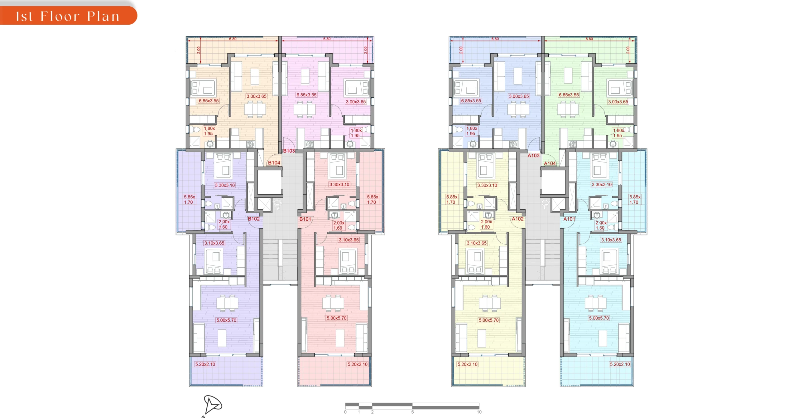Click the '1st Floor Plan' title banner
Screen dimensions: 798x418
tap(68, 16)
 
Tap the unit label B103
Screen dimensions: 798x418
tap(289, 151)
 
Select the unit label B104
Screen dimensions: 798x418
tap(274, 163)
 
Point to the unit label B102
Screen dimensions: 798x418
tap(254, 219)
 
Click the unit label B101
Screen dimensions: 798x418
tap(305, 219)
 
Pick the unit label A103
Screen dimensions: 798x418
tap(533, 156)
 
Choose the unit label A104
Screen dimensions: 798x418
tap(550, 163)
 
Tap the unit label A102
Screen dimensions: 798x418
tap(518, 219)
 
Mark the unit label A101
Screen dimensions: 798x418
tap(569, 219)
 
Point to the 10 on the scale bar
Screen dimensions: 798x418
tap(479, 412)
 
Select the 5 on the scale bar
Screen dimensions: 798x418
tap(412, 412)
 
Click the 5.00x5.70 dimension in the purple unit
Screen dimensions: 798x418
tap(227, 320)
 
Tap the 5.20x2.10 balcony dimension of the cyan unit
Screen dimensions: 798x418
tap(620, 364)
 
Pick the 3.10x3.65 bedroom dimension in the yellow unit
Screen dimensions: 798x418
tap(477, 243)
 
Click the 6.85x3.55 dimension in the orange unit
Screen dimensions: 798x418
tap(209, 101)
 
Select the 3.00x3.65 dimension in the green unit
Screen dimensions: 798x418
tap(618, 102)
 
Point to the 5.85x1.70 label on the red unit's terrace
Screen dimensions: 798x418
tap(372, 200)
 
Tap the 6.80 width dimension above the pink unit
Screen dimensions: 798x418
tap(327, 39)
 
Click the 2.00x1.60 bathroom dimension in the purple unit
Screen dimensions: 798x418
tap(224, 225)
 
